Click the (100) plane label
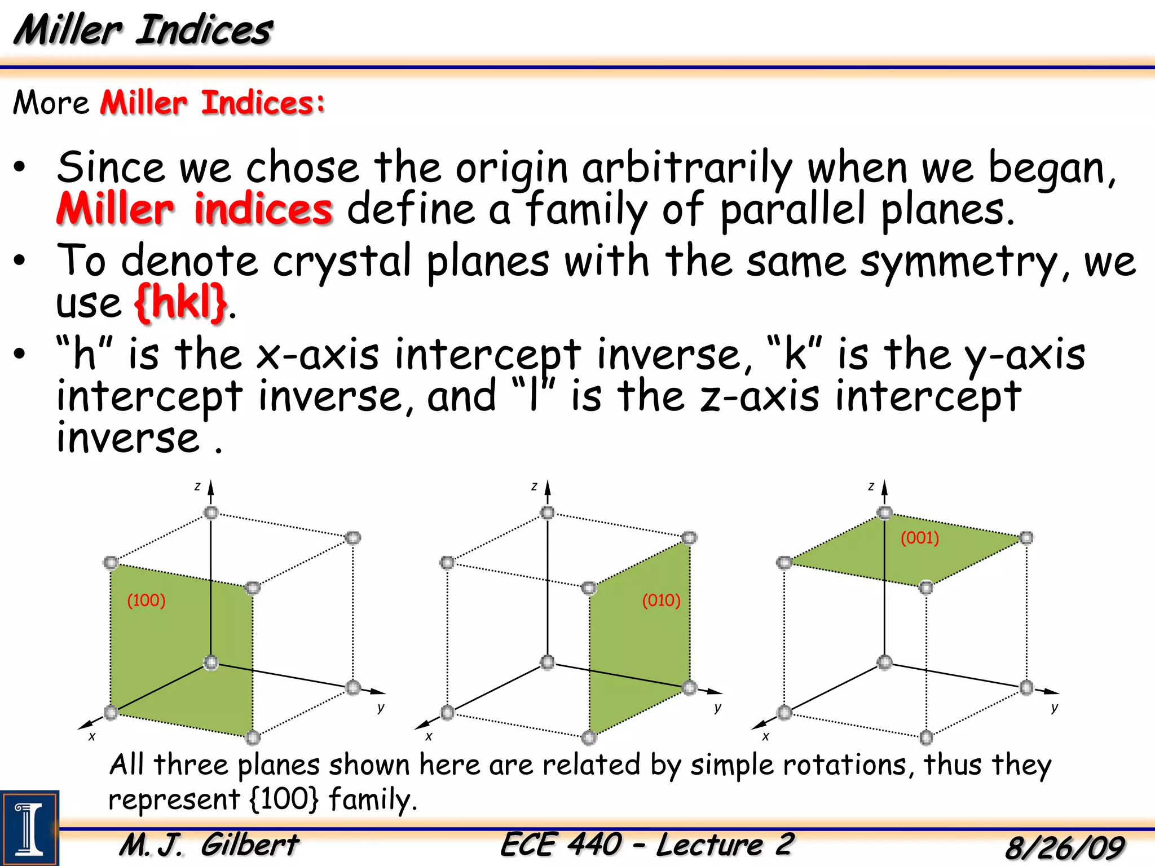146,600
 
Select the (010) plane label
661,600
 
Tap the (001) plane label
919,537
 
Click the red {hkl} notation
180,303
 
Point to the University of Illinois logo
29,828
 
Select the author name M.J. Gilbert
209,845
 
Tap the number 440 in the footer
594,845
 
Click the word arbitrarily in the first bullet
687,168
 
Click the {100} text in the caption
284,799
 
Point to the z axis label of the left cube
197,486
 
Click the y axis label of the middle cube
717,708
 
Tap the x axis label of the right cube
765,736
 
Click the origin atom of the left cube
211,662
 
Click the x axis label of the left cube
92,736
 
